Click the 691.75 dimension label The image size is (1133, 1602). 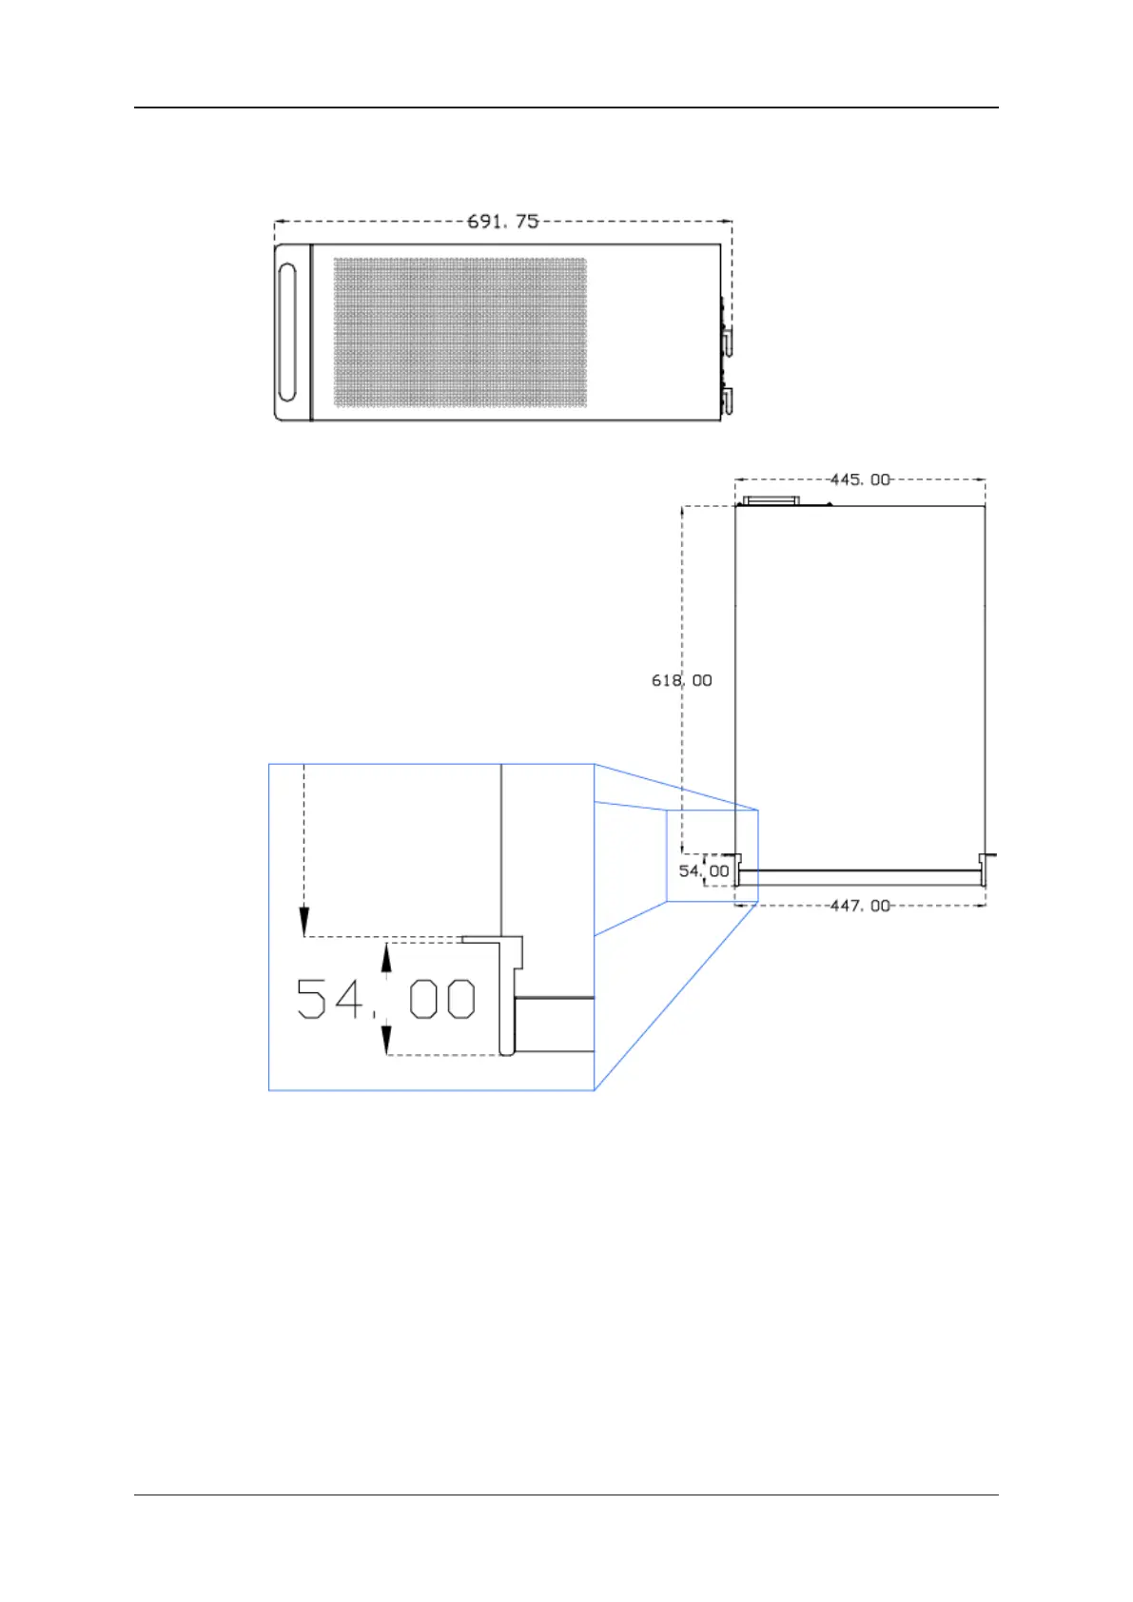tap(502, 221)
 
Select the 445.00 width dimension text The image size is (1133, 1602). tap(860, 479)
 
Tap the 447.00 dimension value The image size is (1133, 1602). tap(860, 906)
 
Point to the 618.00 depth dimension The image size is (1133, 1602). tap(681, 680)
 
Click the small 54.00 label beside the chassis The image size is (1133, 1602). tap(704, 870)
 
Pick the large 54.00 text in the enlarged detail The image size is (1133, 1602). tap(385, 999)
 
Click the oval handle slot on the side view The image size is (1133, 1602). tap(287, 333)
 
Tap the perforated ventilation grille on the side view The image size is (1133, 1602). tap(459, 333)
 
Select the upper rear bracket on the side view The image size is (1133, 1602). tap(727, 342)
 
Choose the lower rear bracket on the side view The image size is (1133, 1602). tap(727, 402)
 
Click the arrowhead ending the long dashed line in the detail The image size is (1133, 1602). tap(303, 921)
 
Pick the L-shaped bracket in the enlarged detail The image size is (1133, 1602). tap(510, 989)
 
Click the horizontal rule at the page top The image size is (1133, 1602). tap(566, 107)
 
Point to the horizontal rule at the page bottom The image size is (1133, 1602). tap(566, 1495)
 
